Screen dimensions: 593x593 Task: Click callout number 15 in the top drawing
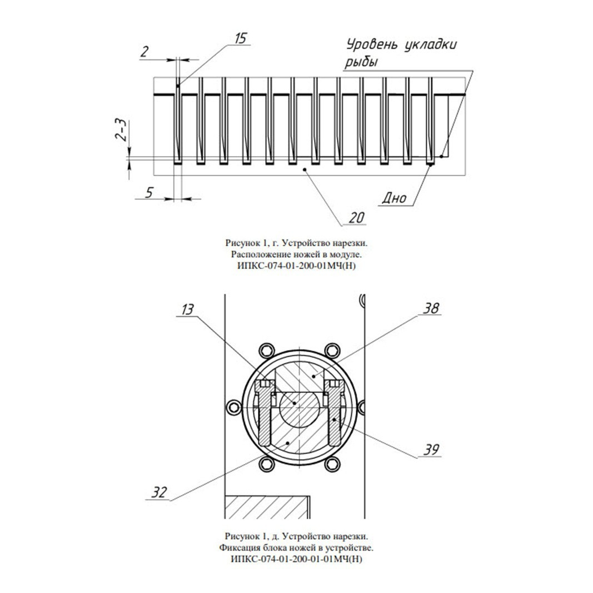(x=241, y=38)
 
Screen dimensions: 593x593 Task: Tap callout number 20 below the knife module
(x=357, y=218)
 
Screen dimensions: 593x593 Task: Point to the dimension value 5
(x=150, y=192)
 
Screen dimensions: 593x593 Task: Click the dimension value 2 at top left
(x=144, y=52)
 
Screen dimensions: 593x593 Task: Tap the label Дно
(x=394, y=198)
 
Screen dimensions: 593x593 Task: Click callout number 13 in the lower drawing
(x=187, y=310)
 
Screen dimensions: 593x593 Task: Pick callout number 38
(x=431, y=308)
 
